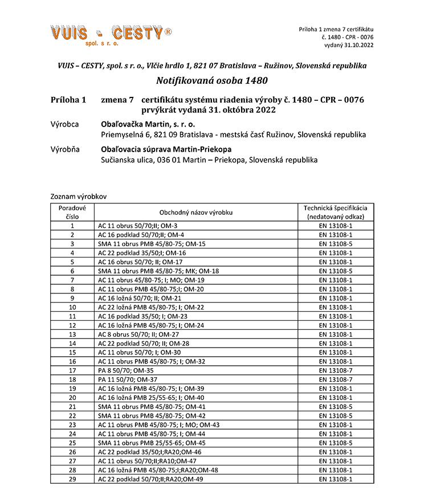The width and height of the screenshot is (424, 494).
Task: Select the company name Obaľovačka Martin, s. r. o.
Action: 148,124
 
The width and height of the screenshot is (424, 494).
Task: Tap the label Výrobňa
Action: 65,149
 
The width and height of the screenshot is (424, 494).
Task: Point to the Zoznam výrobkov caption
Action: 78,196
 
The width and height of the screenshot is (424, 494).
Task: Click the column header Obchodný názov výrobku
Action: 196,213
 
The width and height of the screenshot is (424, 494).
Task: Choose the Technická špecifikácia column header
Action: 336,213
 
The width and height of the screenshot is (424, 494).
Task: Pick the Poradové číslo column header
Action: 72,213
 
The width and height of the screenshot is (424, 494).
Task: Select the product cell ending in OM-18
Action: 158,271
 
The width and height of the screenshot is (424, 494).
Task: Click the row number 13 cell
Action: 72,334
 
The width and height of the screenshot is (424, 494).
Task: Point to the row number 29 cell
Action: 72,479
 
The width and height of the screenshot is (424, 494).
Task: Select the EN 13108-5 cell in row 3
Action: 336,244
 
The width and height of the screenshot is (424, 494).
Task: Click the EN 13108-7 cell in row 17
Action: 336,370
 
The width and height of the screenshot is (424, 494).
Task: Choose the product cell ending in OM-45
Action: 152,443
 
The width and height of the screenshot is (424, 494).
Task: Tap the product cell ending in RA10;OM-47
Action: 147,461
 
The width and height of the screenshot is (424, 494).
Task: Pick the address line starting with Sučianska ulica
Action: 209,160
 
